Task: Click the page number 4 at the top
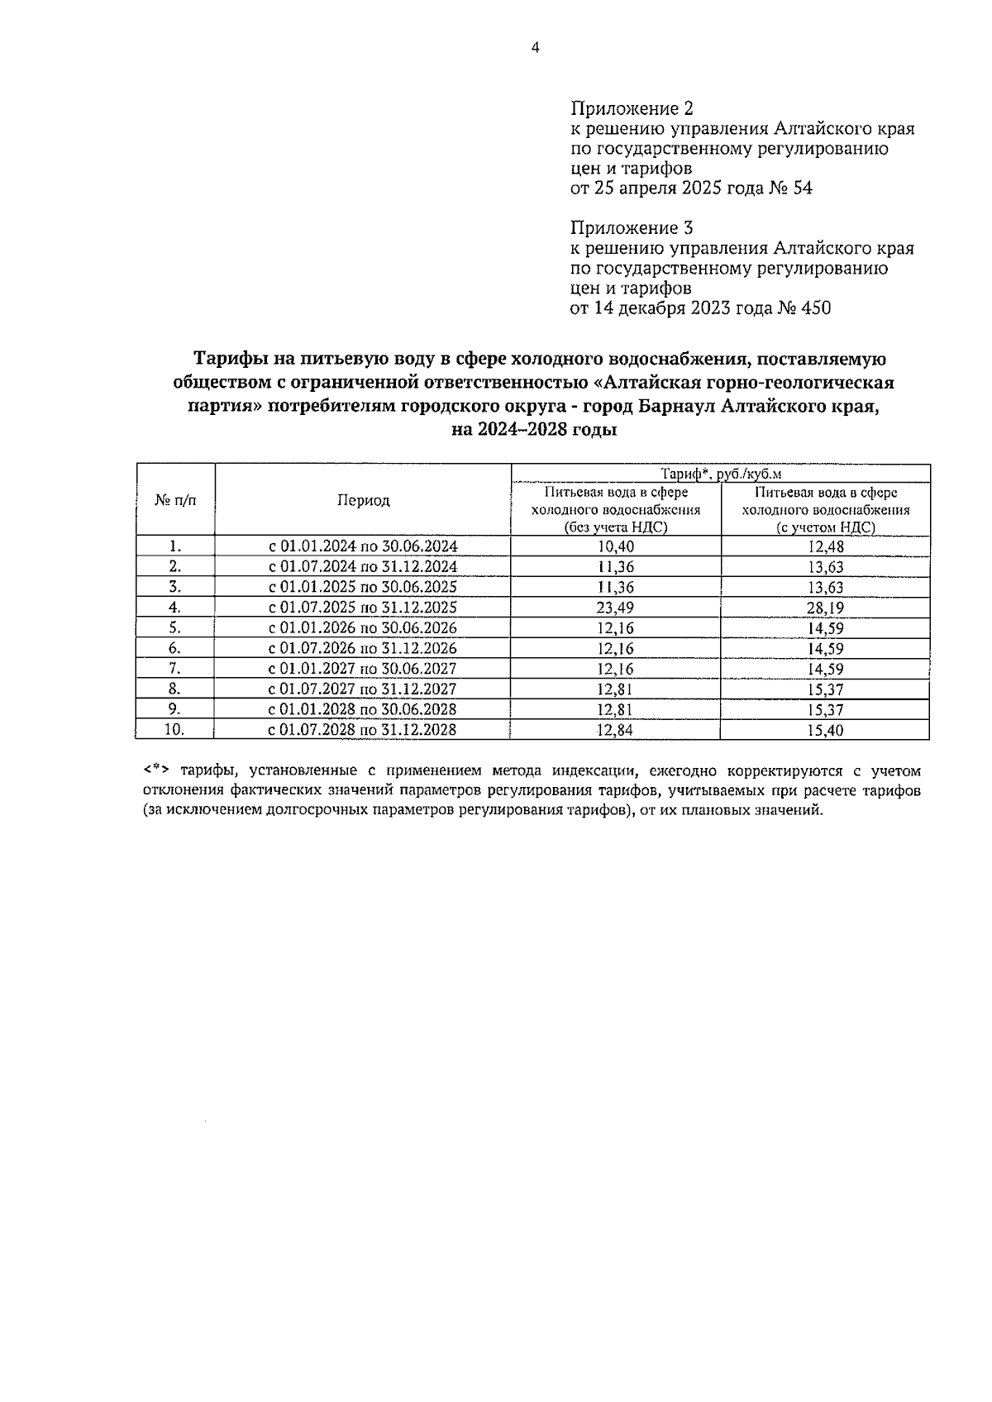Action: point(535,48)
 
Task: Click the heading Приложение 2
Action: point(632,109)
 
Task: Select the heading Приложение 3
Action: point(632,228)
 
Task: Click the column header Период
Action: point(363,500)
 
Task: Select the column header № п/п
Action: point(175,500)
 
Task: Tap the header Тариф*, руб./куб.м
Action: point(721,474)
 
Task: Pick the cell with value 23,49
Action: point(615,608)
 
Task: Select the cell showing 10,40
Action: point(615,546)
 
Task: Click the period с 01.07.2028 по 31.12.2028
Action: point(363,730)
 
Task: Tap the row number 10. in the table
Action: point(174,730)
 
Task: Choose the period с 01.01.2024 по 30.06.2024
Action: point(363,546)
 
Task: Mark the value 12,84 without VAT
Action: point(615,730)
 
